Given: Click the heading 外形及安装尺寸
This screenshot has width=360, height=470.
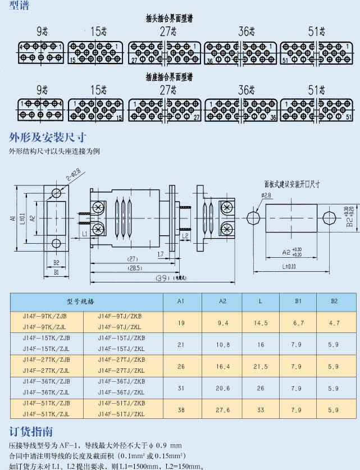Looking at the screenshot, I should (48, 136).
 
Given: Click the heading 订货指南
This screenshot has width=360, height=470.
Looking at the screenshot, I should (31, 432).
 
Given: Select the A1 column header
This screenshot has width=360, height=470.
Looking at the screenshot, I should (181, 302).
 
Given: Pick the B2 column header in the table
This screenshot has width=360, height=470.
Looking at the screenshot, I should (334, 302).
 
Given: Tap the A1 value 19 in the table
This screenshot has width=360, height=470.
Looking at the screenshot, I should (181, 323).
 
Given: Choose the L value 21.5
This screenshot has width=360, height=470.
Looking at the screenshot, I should (261, 366).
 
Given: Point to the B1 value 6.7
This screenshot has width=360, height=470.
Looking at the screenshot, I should (298, 323).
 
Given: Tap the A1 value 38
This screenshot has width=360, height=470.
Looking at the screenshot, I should (181, 410).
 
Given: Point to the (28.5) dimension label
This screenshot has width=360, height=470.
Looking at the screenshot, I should (133, 268).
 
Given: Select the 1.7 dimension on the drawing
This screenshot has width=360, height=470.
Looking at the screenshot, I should (161, 254).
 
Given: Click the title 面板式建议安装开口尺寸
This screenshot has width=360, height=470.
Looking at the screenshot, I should (291, 184).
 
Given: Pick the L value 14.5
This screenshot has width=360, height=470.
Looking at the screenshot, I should (261, 323).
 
